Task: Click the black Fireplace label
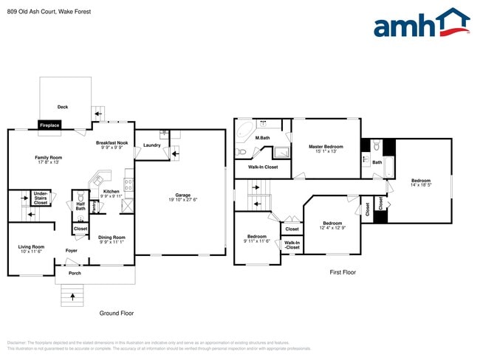(49, 125)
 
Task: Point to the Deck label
(63, 107)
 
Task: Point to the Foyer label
(72, 251)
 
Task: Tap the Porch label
(75, 273)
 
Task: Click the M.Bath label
(261, 138)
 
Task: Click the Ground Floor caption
(117, 314)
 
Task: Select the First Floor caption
(343, 272)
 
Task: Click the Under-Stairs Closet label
(41, 197)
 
